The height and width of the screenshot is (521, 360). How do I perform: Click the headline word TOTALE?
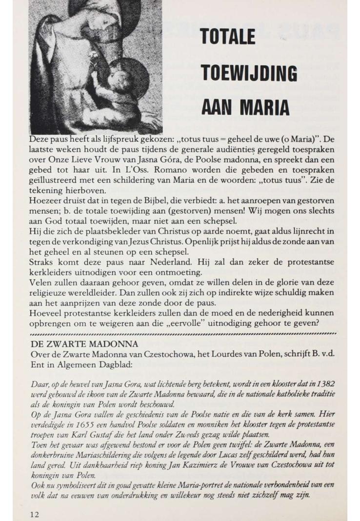coord(228,38)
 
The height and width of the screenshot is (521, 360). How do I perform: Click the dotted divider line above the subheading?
coord(183,334)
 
